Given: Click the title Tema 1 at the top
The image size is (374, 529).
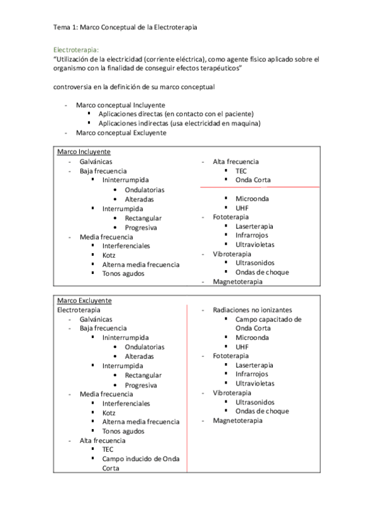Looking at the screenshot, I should tap(127, 27).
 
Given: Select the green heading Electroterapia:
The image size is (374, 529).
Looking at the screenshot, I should tap(76, 49).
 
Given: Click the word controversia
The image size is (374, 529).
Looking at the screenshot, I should tap(76, 87).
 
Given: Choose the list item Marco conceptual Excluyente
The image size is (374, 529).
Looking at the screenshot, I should tap(121, 133).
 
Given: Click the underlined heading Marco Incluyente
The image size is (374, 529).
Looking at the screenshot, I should tap(84, 152).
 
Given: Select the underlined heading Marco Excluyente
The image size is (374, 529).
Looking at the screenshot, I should tap(84, 300).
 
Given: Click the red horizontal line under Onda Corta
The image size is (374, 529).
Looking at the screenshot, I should tap(260, 187).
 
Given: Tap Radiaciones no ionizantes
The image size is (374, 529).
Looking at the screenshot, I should tap(252, 309).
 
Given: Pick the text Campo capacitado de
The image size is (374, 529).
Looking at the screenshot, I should tap(268, 319).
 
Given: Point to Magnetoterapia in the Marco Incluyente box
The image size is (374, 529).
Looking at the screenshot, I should tap(238, 281).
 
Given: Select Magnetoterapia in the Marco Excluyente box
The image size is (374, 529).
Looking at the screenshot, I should tap(238, 420).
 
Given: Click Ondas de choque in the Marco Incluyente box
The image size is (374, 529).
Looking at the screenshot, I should tap(262, 272).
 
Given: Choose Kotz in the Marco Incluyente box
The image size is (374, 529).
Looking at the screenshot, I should tap(109, 255).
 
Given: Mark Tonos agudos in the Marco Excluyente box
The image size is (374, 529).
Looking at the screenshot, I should tap(124, 431).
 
